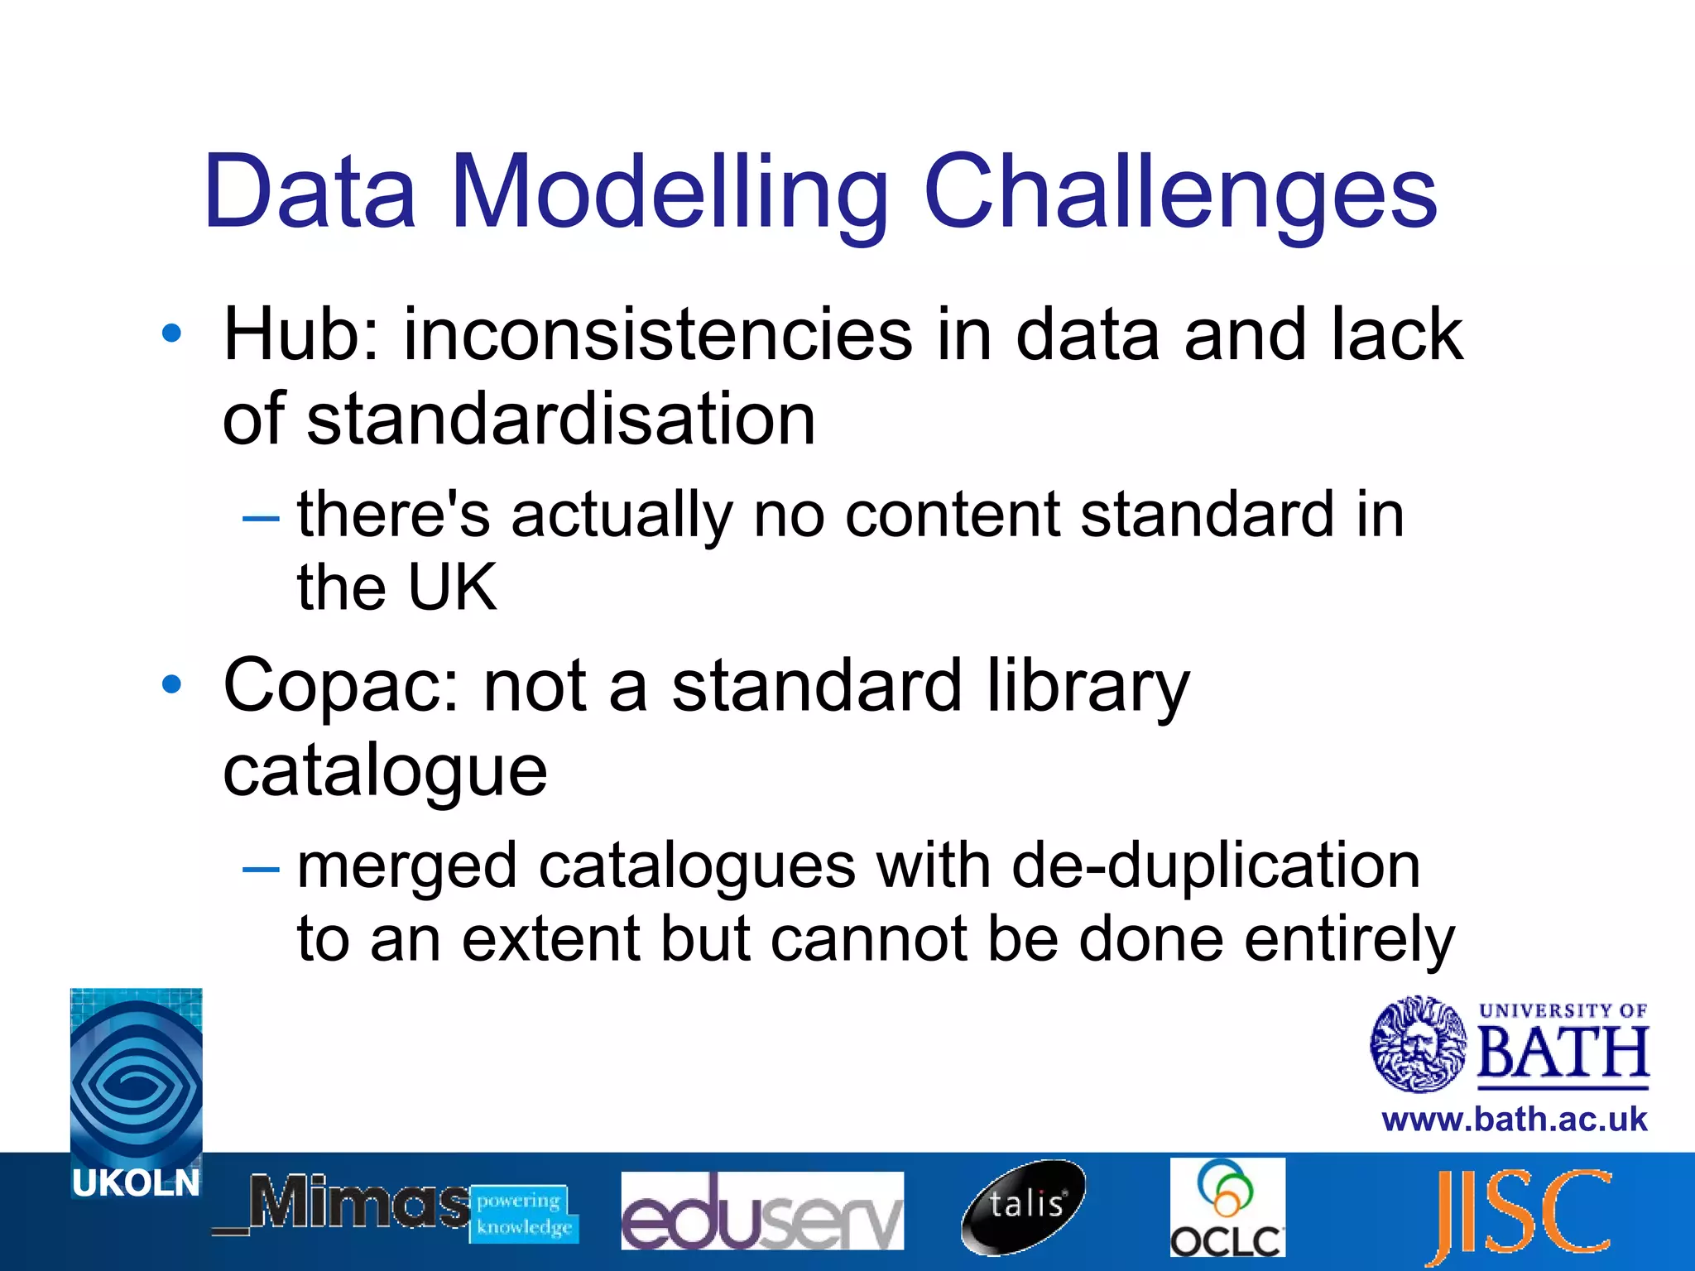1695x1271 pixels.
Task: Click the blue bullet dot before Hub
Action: pyautogui.click(x=171, y=333)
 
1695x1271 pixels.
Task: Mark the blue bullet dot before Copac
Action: pyautogui.click(x=171, y=684)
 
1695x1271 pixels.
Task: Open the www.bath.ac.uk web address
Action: pyautogui.click(x=1514, y=1120)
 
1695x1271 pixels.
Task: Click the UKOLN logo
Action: pyautogui.click(x=136, y=1092)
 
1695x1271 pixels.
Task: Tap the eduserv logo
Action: pyautogui.click(x=761, y=1210)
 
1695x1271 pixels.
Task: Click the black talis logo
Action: pyautogui.click(x=1024, y=1206)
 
